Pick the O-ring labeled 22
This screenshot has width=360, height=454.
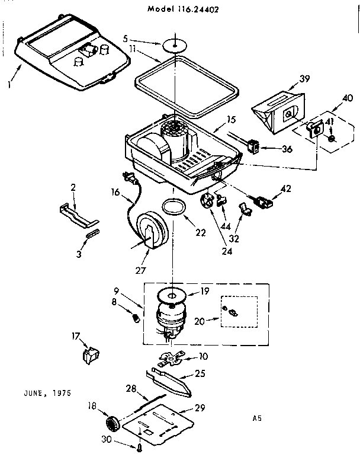(173, 207)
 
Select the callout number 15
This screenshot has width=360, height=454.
(218, 121)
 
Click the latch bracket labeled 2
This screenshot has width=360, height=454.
(78, 212)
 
